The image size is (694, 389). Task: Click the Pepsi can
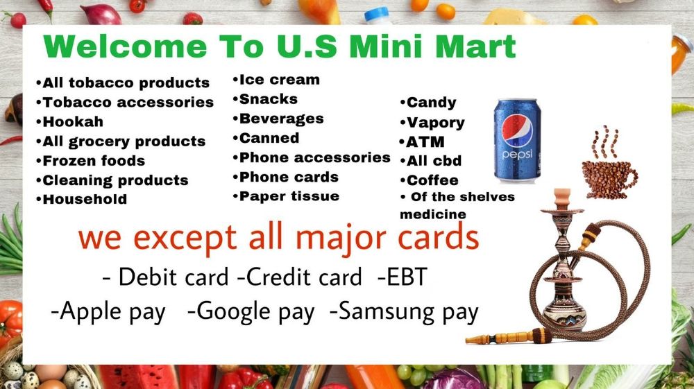[x=516, y=140]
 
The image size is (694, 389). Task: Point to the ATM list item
[x=424, y=142]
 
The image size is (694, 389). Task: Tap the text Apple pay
[x=109, y=311]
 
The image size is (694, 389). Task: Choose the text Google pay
[x=251, y=311]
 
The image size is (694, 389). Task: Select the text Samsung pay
[x=404, y=311]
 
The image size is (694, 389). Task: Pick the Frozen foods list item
[x=93, y=161]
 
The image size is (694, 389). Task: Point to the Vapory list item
[x=434, y=123]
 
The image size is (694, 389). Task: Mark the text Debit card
[x=166, y=277]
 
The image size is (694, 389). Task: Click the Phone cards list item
[x=289, y=177]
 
